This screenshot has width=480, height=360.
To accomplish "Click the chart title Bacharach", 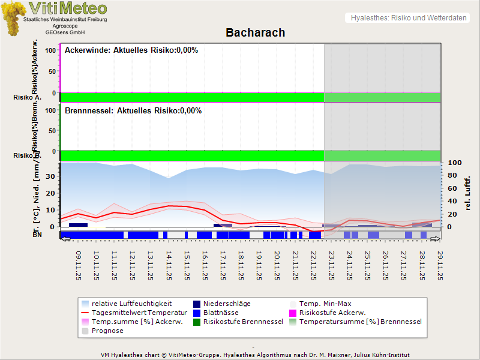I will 255,32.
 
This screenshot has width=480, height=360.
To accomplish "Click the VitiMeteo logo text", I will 68,8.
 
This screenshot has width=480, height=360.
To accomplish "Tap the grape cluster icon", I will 13,18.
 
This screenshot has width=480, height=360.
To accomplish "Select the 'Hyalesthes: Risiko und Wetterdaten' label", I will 408,18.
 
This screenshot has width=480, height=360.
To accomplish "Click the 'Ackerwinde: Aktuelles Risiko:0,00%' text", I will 131,50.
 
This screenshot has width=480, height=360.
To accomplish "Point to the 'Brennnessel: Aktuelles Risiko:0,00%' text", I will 133,111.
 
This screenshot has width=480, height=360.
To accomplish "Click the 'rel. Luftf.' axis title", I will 468,194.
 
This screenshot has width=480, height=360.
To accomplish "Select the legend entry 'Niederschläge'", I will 227,304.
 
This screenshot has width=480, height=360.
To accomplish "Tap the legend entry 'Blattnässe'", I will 221,313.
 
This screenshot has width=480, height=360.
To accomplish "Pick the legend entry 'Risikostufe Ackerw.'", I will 332,313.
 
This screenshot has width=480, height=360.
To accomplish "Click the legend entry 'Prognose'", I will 107,331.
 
